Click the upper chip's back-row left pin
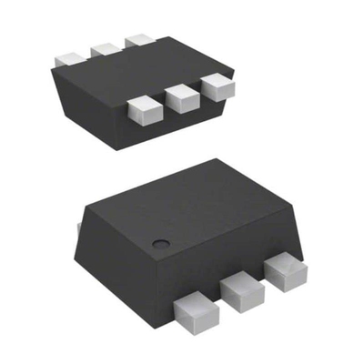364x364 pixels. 69,56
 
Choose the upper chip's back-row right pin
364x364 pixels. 139,42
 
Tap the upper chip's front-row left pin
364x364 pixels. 143,108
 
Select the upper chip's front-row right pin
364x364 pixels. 217,86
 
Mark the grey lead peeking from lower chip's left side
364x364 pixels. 80,224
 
